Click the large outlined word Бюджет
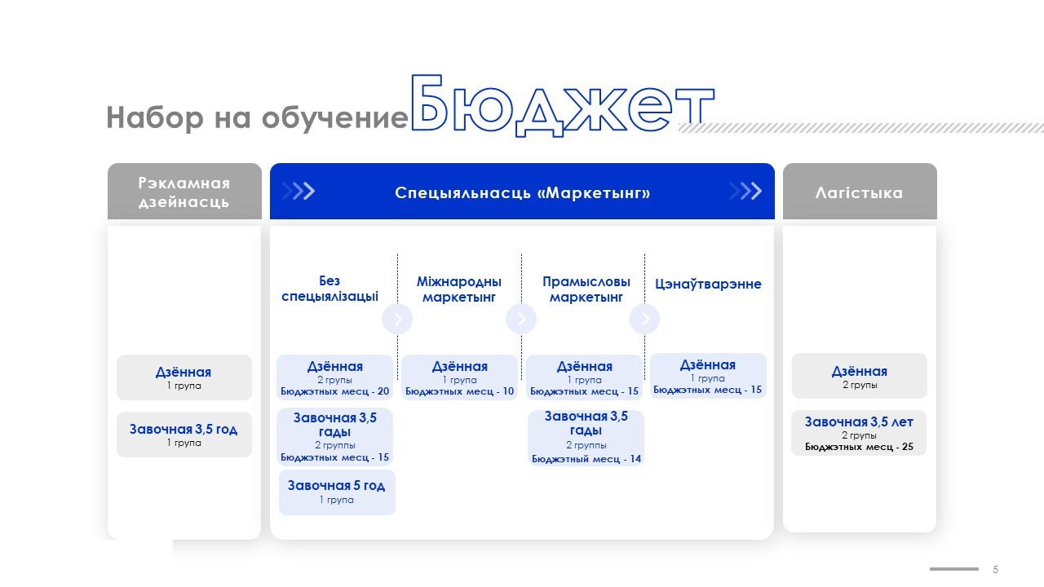tap(562, 105)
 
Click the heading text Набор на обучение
tap(257, 117)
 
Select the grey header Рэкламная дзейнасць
tap(184, 192)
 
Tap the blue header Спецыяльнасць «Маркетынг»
tap(522, 192)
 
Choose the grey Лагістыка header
tap(860, 192)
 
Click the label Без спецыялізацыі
tap(330, 289)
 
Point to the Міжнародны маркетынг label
tap(459, 289)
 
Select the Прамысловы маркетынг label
tap(586, 289)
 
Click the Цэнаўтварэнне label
tap(708, 284)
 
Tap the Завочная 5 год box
tap(337, 492)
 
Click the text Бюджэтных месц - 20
tap(334, 391)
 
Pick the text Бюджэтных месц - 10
tap(459, 391)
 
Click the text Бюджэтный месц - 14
tap(586, 459)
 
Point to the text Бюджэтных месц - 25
tap(859, 447)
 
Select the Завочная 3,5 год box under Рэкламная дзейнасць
tap(184, 435)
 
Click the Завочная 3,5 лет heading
tap(859, 422)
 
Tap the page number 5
tap(996, 569)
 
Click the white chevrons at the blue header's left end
tap(299, 191)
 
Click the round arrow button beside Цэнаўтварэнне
tap(644, 319)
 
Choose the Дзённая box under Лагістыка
tap(860, 376)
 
